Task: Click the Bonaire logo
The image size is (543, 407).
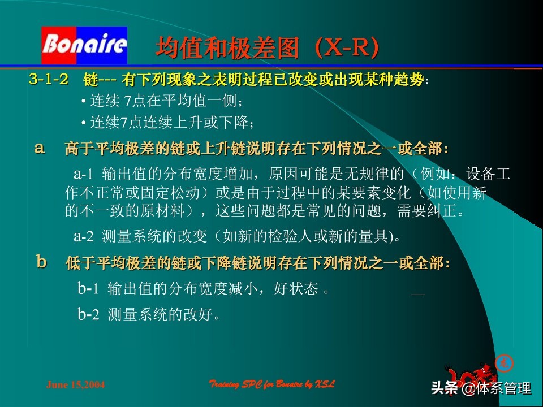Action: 84,45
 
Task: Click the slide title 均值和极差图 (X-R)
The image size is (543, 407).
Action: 266,49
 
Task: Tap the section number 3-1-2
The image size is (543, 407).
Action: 49,80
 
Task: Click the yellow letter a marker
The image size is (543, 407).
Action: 40,148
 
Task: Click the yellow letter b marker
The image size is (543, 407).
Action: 41,261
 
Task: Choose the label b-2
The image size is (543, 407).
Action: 88,314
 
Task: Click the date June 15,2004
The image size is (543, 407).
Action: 75,385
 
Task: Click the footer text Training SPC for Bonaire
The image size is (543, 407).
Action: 272,384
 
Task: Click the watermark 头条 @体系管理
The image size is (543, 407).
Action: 481,388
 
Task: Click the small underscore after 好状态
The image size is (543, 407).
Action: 417,294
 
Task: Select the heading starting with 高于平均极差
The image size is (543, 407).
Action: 257,149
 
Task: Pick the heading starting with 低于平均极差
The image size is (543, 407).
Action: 258,262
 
